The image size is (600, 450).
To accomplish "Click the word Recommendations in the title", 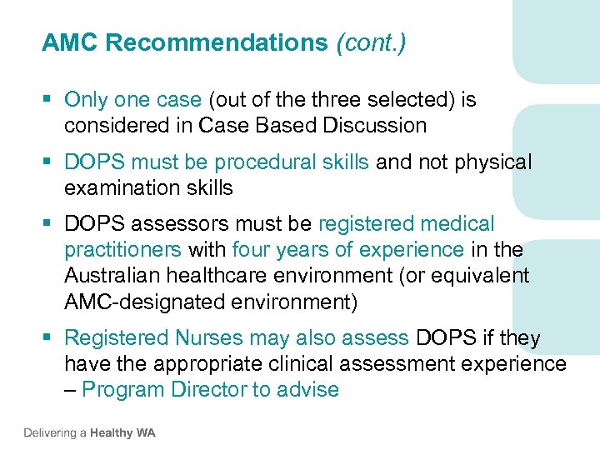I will (217, 43).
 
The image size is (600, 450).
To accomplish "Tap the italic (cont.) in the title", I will (371, 43).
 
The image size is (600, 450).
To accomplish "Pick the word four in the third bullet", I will (251, 249).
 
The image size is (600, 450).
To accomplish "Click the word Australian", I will (117, 275).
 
